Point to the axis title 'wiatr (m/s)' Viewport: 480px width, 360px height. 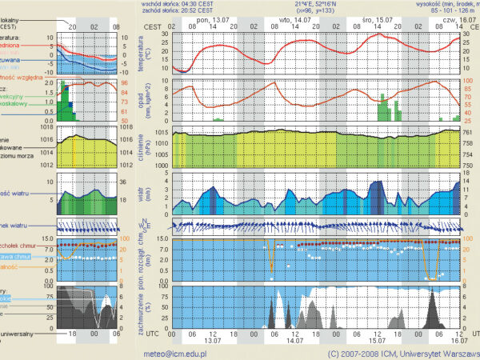pyautogui.click(x=146, y=197)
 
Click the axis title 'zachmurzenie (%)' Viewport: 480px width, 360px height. pyautogui.click(x=146, y=309)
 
